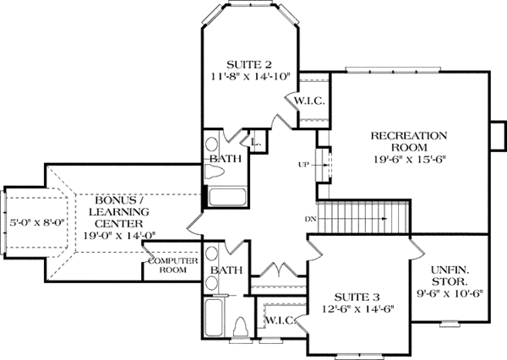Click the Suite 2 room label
coord(248,63)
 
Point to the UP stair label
coord(302,163)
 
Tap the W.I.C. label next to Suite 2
coord(305,101)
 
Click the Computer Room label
coord(172,265)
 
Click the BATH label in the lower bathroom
coord(226,270)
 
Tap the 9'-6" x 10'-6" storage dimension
coord(450,297)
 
